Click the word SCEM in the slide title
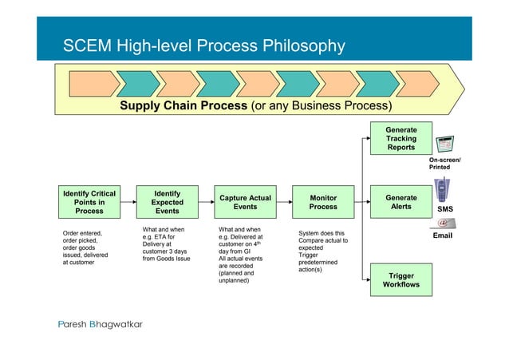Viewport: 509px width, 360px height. tap(87, 46)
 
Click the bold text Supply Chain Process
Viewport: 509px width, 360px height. tap(184, 107)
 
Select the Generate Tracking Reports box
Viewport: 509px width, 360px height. tap(400, 138)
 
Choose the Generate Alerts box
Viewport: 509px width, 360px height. tap(400, 202)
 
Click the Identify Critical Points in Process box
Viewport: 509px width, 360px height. tap(89, 202)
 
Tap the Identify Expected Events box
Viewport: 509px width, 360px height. tap(167, 202)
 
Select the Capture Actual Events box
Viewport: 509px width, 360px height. tap(244, 202)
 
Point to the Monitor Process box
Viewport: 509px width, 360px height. tap(322, 202)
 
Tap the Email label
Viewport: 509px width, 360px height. tap(442, 236)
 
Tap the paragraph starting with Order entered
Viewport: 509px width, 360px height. tap(86, 247)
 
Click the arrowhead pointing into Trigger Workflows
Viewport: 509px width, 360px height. tap(368, 279)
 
